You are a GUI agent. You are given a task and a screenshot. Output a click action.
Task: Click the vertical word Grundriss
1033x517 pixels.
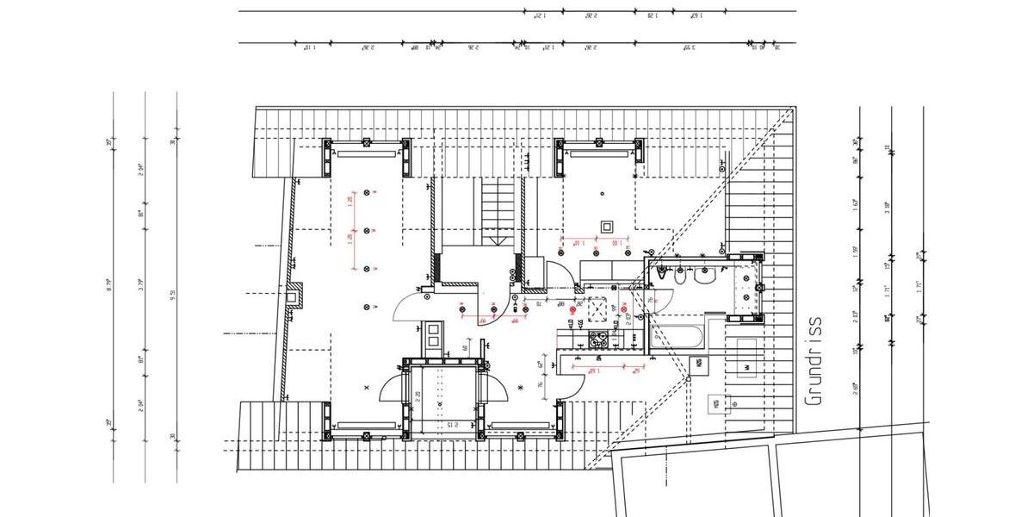[813, 360]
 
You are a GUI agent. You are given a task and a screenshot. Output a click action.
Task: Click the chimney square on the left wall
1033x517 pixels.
[294, 296]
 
